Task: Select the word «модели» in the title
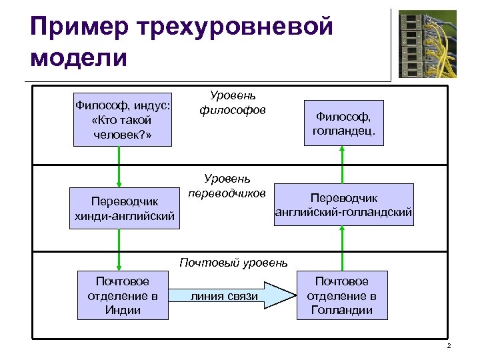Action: coord(78,58)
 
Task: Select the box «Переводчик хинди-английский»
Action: coord(125,207)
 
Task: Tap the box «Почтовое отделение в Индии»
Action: coord(123,295)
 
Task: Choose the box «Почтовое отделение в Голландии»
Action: coord(341,295)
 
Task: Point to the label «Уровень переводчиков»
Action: coord(227,186)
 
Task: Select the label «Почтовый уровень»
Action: coord(233,262)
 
